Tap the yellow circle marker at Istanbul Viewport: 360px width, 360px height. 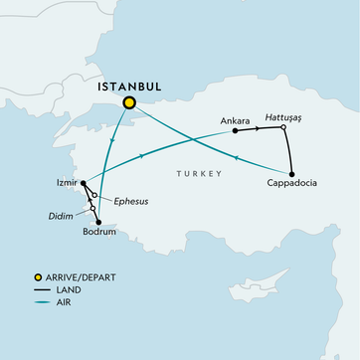tap(128, 102)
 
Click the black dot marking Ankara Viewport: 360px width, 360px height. tap(234, 130)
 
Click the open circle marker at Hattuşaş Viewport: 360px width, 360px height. tap(283, 127)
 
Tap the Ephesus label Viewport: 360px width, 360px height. tap(130, 200)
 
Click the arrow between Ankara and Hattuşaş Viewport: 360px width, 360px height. tap(261, 128)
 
